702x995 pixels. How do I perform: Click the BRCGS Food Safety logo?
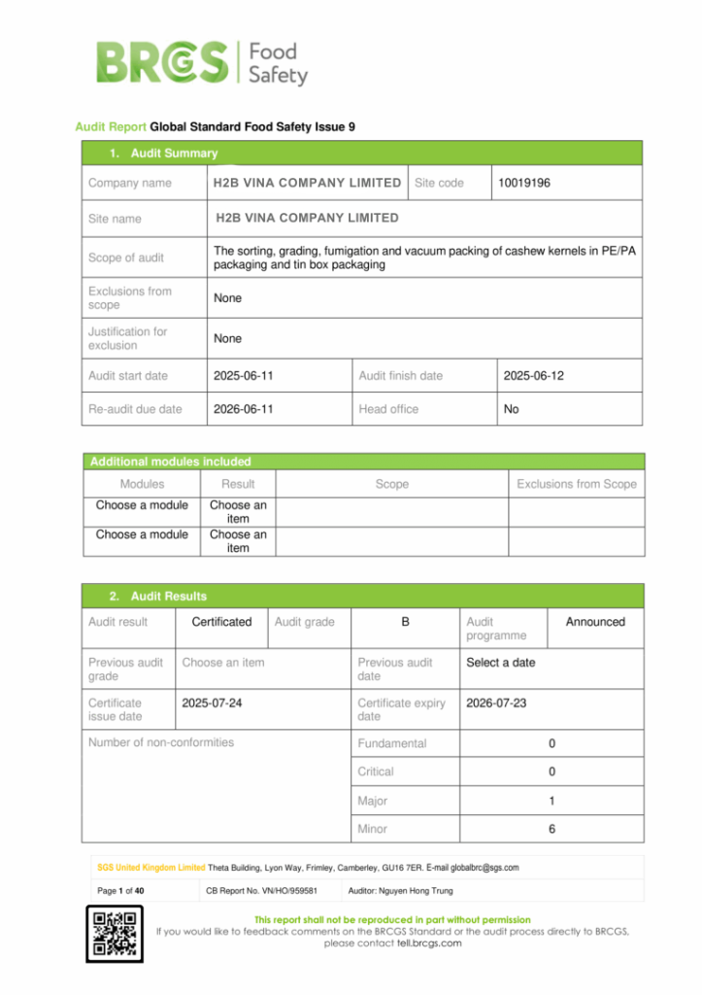[x=202, y=61]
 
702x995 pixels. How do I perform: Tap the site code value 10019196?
[x=524, y=183]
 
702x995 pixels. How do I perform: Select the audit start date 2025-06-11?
[x=243, y=375]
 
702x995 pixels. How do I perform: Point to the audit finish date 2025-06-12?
[x=533, y=375]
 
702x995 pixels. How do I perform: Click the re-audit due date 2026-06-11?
[x=243, y=409]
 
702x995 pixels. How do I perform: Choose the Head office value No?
[x=512, y=409]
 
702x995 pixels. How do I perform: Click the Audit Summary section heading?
[x=163, y=154]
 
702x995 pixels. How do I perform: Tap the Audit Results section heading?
[x=157, y=596]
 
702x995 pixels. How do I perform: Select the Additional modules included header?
[x=171, y=462]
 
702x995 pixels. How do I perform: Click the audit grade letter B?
[x=405, y=622]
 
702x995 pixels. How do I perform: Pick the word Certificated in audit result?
[x=221, y=622]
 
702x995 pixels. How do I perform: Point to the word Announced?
[x=595, y=622]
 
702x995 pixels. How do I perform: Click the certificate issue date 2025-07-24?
[x=212, y=703]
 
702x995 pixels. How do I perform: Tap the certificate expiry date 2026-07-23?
[x=496, y=703]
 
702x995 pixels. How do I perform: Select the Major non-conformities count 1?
[x=552, y=802]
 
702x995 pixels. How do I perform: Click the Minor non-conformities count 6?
[x=552, y=829]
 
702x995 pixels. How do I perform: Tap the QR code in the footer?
[x=115, y=934]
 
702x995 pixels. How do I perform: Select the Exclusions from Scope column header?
[x=576, y=484]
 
